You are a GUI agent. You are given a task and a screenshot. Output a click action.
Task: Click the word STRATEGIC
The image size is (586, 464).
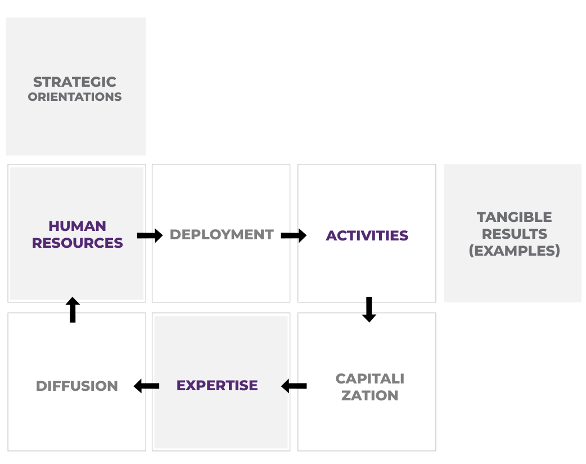(x=75, y=82)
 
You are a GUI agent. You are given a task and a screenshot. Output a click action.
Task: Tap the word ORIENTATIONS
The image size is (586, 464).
(x=75, y=97)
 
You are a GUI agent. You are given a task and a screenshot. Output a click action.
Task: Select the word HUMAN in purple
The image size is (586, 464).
(x=77, y=226)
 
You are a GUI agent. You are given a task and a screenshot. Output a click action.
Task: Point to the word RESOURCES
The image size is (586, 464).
(x=77, y=243)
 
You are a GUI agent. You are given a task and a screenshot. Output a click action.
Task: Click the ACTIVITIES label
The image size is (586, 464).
(x=367, y=235)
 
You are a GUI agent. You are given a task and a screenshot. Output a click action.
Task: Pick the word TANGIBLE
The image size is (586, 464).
(x=514, y=217)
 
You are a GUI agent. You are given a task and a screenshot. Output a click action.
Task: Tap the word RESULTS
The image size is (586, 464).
(x=514, y=234)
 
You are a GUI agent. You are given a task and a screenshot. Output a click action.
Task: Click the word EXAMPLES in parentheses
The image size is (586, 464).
(x=514, y=251)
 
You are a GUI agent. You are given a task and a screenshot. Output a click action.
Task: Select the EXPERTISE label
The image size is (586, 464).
(x=217, y=386)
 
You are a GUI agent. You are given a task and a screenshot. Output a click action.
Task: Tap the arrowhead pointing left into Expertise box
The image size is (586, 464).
(x=286, y=386)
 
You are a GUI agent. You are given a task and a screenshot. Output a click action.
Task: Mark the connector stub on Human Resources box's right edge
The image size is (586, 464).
(x=145, y=235)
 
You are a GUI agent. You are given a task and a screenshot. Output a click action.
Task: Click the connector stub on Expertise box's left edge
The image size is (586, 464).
(x=152, y=386)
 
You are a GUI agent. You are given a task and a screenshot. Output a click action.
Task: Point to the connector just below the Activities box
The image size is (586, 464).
(x=369, y=307)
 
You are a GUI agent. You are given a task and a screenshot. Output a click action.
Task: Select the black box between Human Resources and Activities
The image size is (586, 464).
(x=221, y=234)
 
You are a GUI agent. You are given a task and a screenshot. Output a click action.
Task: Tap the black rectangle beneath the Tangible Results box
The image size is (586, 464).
(x=509, y=351)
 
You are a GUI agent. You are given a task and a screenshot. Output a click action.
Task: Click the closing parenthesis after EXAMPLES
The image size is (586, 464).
(x=557, y=251)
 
